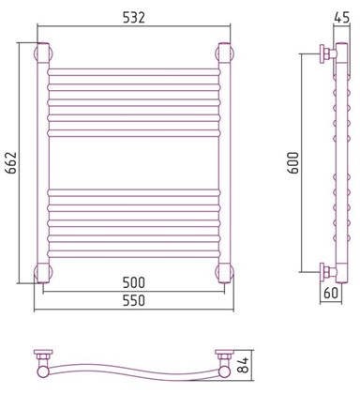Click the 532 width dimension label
point(134,18)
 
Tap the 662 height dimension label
point(10,162)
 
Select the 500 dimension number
point(134,282)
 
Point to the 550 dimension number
point(134,300)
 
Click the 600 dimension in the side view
point(293,162)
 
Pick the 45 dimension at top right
point(341,18)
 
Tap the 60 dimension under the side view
point(331,293)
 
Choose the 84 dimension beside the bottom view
point(245,365)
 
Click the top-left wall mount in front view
point(43,53)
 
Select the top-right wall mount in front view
point(224,53)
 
